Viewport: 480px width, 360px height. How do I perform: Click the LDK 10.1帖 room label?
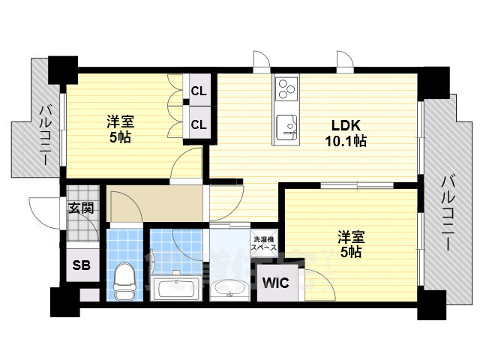[344, 133]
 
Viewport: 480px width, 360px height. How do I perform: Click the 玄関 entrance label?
[81, 208]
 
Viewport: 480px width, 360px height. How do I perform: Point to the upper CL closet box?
[199, 91]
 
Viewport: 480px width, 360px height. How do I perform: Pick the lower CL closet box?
[199, 122]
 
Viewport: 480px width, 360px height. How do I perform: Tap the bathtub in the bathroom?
[175, 287]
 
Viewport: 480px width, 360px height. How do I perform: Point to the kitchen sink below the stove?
[286, 126]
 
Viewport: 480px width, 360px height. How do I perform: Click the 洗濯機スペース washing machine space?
[263, 243]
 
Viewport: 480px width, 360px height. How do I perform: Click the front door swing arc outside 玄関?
[43, 210]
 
